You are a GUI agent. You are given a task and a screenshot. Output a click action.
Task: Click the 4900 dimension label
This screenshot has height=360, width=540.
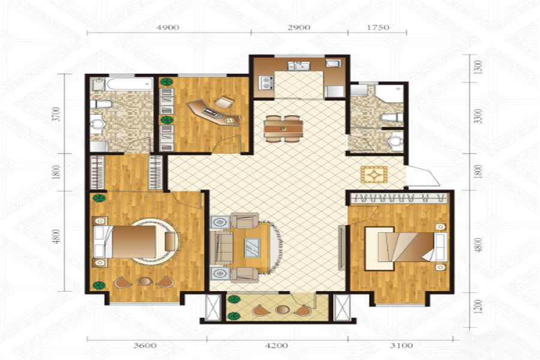pyautogui.click(x=168, y=28)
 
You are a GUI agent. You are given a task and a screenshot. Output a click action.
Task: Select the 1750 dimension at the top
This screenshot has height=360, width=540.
pyautogui.click(x=378, y=28)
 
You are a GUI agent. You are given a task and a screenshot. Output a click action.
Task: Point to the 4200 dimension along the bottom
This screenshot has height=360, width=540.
pyautogui.click(x=277, y=345)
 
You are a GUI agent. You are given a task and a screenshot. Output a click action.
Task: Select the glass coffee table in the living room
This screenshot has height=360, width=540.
pyautogui.click(x=253, y=248)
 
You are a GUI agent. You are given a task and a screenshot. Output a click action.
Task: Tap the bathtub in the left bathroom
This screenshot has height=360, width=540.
pyautogui.click(x=129, y=84)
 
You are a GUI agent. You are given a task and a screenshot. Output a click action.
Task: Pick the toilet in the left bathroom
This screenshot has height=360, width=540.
pyautogui.click(x=101, y=104)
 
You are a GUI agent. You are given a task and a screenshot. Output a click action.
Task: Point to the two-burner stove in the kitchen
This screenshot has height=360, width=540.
pyautogui.click(x=266, y=83)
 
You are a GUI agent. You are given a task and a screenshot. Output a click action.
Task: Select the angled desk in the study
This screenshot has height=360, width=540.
pyautogui.click(x=214, y=112)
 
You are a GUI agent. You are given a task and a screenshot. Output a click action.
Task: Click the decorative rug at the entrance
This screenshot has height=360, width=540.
pyautogui.click(x=374, y=175)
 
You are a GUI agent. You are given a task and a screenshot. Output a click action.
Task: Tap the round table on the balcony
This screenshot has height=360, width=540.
pyautogui.click(x=283, y=310)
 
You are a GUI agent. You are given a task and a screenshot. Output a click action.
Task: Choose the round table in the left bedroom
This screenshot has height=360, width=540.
pyautogui.click(x=145, y=281)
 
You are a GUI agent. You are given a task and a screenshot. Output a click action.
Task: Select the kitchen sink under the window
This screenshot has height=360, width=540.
pyautogui.click(x=299, y=66)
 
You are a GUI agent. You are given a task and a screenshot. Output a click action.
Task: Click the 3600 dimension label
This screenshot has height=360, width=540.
pyautogui.click(x=145, y=345)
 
